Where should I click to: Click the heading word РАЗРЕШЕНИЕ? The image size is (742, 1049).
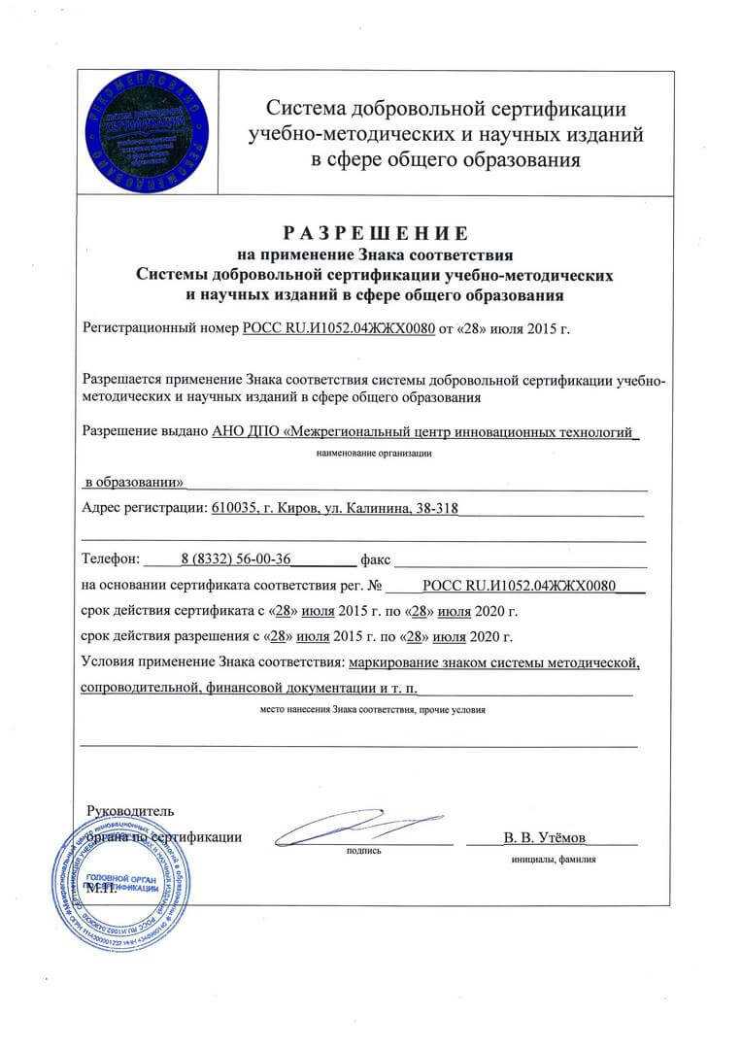click(375, 233)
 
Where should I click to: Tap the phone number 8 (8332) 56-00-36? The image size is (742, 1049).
click(236, 558)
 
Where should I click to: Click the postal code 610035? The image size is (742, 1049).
click(234, 507)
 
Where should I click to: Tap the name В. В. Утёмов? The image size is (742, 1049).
click(545, 836)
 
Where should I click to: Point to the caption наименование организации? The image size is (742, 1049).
click(374, 453)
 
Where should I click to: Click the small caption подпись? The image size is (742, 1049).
click(363, 851)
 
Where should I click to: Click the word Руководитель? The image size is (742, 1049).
click(130, 810)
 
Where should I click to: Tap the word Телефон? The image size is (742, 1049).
click(111, 559)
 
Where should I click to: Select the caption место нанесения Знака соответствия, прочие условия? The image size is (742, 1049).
click(373, 710)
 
